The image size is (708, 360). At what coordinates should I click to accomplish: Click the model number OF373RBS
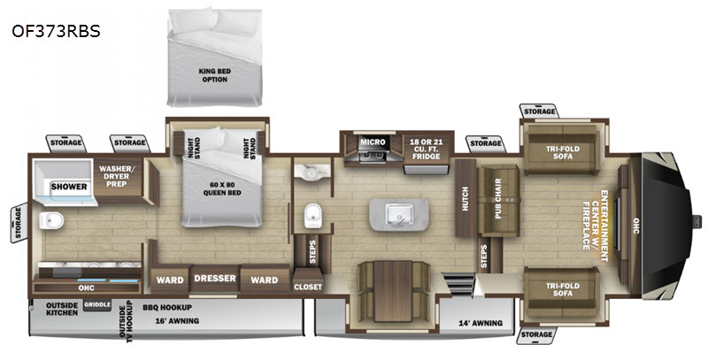click(56, 31)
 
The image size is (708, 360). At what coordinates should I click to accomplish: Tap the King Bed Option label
click(215, 75)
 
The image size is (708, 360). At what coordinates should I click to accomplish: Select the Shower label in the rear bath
click(69, 187)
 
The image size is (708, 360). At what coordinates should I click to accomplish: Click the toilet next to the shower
click(50, 220)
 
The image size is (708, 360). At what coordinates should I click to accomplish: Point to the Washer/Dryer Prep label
click(117, 176)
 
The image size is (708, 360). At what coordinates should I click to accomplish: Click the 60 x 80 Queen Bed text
click(221, 188)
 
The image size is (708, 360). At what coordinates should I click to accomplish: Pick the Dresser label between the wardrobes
click(215, 279)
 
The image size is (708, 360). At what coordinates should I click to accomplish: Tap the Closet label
click(308, 287)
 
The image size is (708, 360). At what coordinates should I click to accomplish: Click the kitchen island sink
click(399, 214)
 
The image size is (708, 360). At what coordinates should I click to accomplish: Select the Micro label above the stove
click(373, 142)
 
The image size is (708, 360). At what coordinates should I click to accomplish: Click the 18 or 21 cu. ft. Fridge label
click(426, 149)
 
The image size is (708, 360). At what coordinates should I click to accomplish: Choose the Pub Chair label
click(498, 198)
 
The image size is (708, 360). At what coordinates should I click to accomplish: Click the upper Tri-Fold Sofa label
click(563, 152)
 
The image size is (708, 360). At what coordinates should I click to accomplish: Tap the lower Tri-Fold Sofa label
click(563, 289)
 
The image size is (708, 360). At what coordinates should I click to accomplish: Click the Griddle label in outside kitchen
click(97, 304)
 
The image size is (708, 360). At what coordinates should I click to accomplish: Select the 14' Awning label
click(481, 323)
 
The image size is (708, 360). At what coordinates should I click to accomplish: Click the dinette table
click(393, 291)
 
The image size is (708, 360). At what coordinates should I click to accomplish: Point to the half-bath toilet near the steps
click(313, 216)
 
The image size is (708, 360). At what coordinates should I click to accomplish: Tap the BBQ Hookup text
click(167, 308)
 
